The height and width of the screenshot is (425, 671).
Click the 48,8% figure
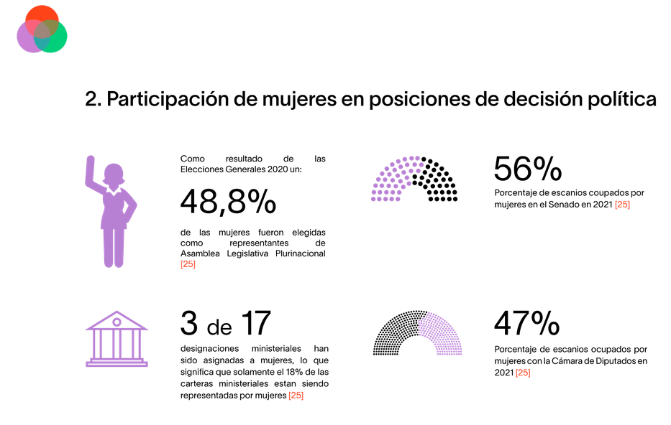click(x=228, y=202)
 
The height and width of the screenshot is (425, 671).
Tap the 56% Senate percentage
click(x=527, y=169)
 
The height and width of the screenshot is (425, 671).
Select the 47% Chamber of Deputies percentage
click(x=526, y=324)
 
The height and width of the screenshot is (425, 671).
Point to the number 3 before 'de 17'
click(x=188, y=324)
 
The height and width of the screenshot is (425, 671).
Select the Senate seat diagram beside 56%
click(x=414, y=179)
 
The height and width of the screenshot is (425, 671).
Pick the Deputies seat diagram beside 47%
click(x=416, y=333)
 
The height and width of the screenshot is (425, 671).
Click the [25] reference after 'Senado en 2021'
click(x=622, y=205)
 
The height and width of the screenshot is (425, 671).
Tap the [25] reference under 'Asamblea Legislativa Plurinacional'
click(x=188, y=264)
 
